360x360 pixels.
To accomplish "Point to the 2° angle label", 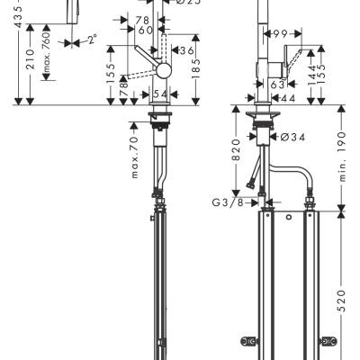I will pos(90,40).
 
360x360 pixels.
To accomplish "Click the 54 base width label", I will pos(160,94).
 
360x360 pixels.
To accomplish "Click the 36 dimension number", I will pos(187,50).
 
